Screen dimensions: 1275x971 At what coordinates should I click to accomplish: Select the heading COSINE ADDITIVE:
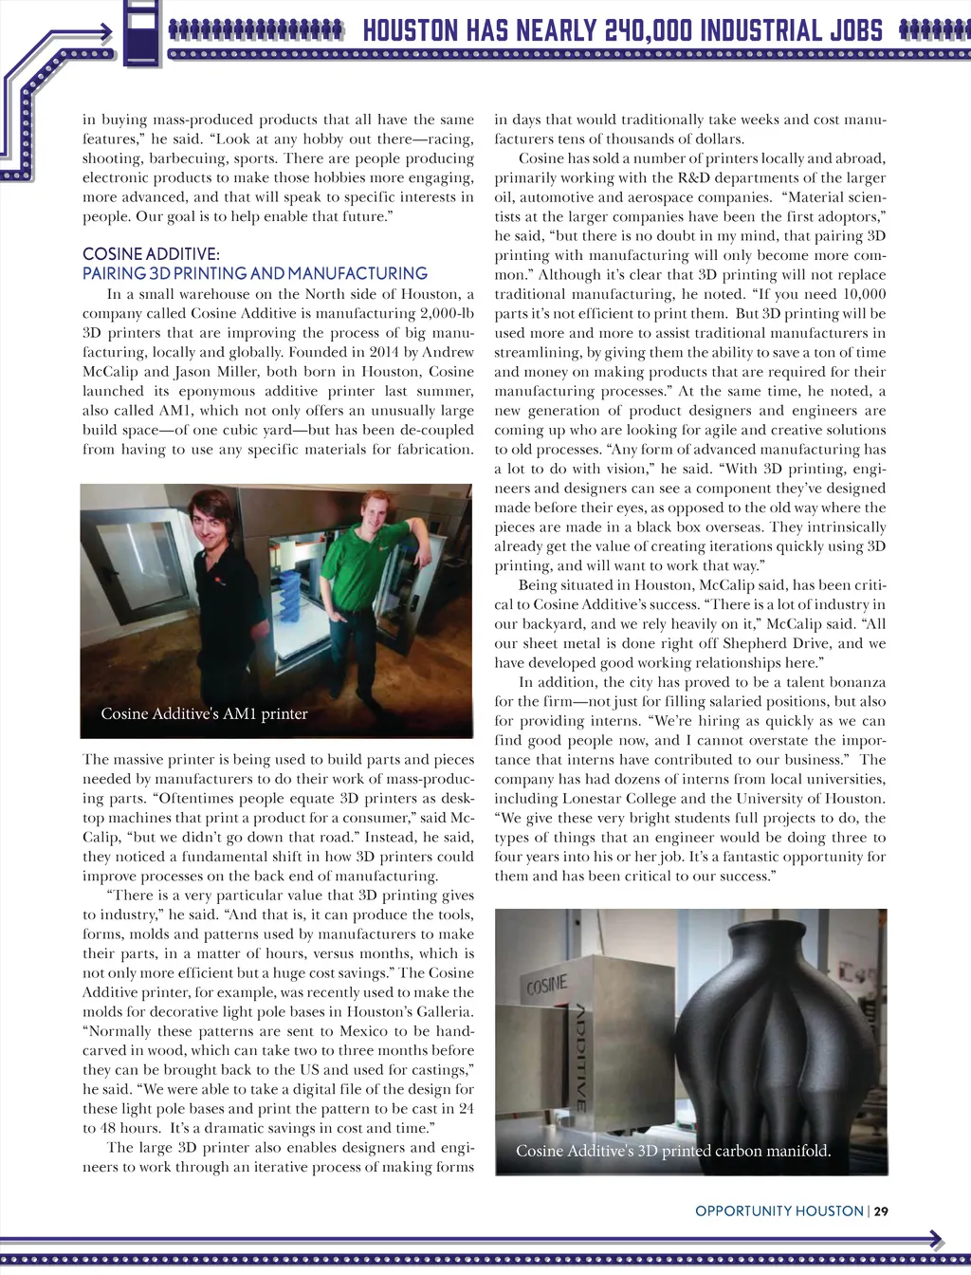pos(151,254)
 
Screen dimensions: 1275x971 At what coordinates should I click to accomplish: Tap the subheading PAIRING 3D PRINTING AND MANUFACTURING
pos(255,273)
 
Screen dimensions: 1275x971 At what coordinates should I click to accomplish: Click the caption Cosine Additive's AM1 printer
pos(204,713)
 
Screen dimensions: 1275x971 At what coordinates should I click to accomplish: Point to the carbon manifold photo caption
pos(673,1151)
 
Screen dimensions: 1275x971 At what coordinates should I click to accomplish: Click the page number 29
pos(881,1210)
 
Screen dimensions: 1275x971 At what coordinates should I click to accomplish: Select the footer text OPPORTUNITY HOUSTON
pos(779,1210)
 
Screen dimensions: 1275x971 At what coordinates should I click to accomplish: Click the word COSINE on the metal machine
pos(548,987)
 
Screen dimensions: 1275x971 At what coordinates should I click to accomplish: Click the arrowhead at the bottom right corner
pos(936,1239)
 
